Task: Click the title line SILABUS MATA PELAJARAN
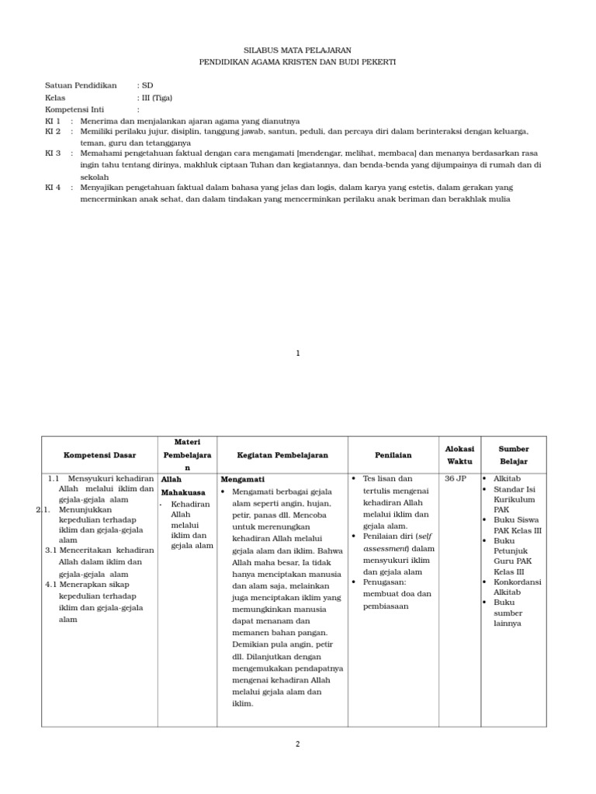point(297,49)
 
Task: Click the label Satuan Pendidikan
point(80,85)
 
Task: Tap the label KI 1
point(53,121)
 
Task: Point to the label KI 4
point(53,188)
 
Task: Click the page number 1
point(297,353)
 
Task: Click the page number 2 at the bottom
point(297,744)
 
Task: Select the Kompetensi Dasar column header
point(99,455)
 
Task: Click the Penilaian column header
point(393,455)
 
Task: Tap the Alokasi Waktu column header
point(459,454)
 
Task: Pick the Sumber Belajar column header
point(513,454)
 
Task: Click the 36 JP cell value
point(456,479)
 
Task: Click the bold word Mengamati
point(243,479)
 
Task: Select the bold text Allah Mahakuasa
point(182,485)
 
